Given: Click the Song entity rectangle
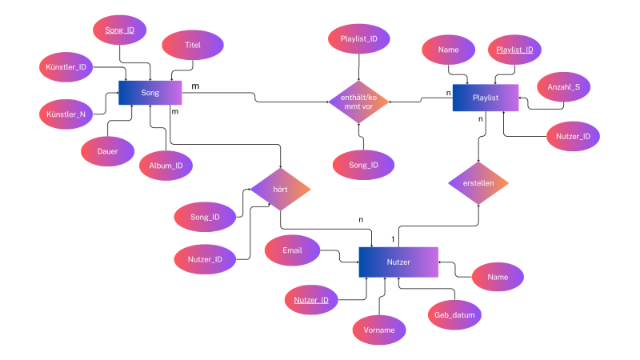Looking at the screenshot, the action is (x=150, y=93).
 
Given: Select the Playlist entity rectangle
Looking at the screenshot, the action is (x=486, y=98).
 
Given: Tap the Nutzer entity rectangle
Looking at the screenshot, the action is (x=398, y=262).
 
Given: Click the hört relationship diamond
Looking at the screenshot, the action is (x=281, y=190).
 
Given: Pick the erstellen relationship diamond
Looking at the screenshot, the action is (x=478, y=183).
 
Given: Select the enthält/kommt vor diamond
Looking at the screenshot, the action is (x=358, y=102).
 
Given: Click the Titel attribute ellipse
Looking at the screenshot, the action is (x=193, y=45).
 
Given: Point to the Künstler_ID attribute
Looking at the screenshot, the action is (x=66, y=67).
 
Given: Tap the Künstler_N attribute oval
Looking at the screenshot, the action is (x=66, y=114).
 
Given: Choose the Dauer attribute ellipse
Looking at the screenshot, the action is (x=107, y=151).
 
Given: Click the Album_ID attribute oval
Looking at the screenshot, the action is (x=166, y=166).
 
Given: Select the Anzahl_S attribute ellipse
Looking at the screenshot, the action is (x=564, y=87).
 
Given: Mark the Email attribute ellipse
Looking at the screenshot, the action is (x=292, y=250).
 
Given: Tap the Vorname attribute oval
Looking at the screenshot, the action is (x=379, y=330).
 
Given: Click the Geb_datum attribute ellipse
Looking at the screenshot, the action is (x=454, y=314).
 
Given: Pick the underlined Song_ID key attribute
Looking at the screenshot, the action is (x=119, y=30).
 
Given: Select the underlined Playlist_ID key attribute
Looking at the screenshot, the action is (x=514, y=50).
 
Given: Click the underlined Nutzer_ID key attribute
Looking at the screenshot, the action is (x=311, y=300).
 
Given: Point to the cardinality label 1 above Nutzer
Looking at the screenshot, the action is (x=393, y=239).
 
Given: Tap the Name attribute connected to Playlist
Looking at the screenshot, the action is (x=449, y=50).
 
